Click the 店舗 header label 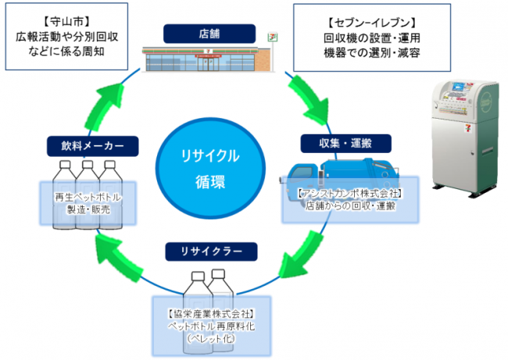(x=209, y=34)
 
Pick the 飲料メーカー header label (x=92, y=145)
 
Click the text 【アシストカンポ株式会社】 (x=349, y=192)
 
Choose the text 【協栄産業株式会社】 (x=209, y=313)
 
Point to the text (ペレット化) (x=209, y=338)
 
